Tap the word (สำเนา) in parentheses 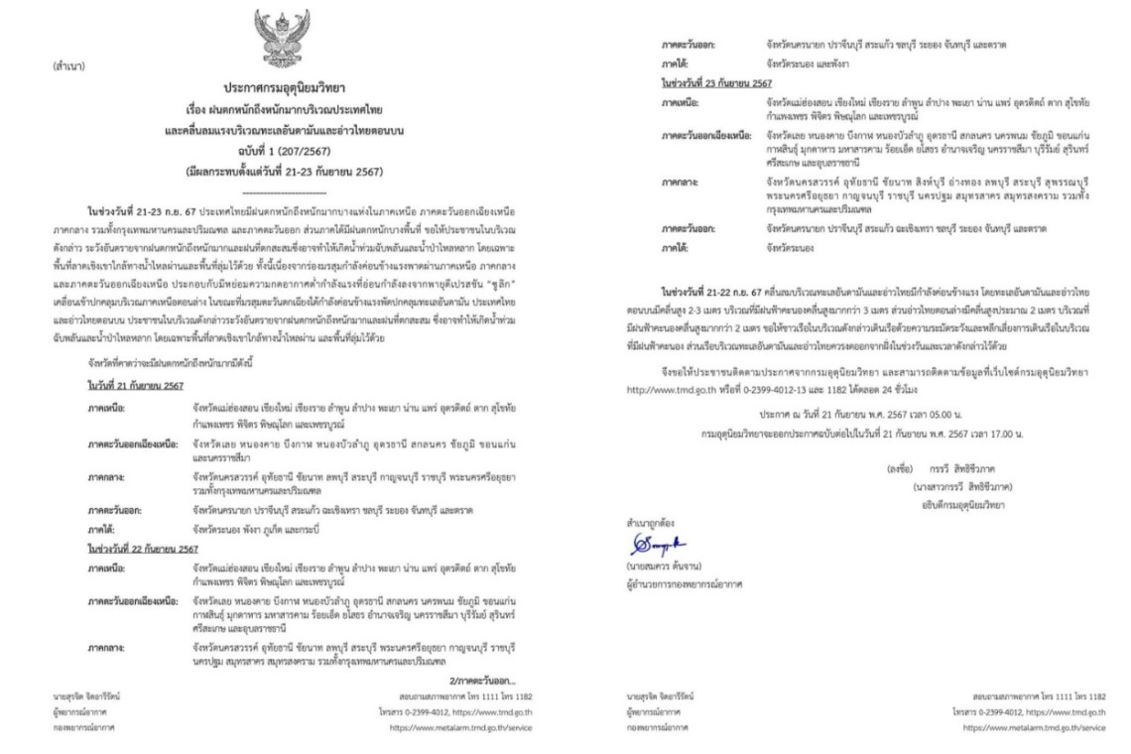point(66,70)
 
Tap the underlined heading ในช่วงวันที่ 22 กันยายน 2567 point(142,548)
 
